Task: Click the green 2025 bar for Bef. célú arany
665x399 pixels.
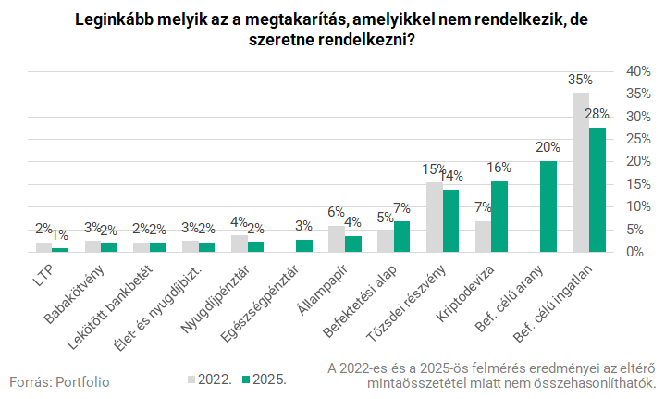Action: point(548,206)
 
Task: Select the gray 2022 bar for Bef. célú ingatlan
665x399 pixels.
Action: point(580,172)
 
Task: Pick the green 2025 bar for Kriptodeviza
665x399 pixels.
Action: point(499,216)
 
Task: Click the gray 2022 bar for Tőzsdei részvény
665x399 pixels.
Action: point(434,217)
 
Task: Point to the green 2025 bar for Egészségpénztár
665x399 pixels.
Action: point(304,245)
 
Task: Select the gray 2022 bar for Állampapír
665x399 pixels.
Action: point(336,239)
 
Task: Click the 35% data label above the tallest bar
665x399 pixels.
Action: point(580,80)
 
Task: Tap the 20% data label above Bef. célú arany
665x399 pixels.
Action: point(548,147)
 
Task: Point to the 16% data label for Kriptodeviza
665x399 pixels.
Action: point(499,168)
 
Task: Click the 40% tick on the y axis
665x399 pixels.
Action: point(639,71)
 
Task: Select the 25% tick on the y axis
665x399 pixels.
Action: point(639,139)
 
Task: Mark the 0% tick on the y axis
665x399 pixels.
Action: point(635,252)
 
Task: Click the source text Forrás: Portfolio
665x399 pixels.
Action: point(59,381)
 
